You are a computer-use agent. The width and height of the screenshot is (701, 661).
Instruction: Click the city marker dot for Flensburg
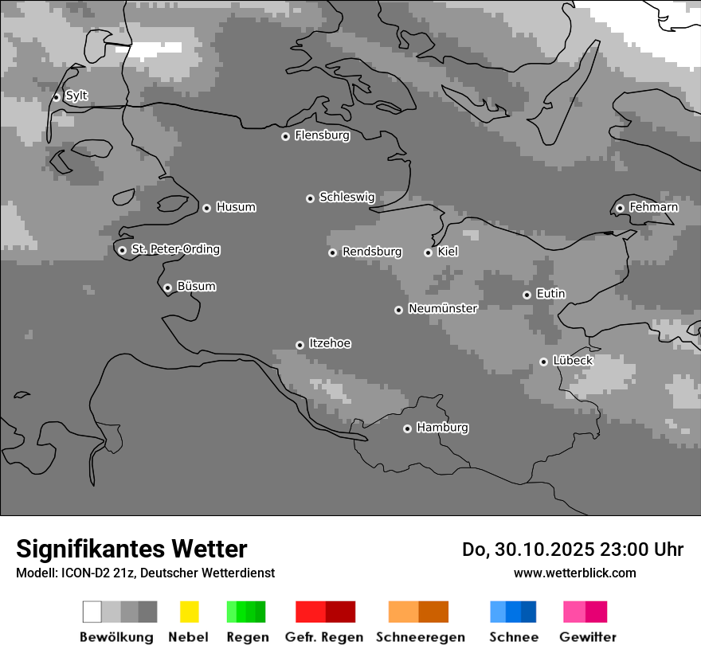[x=285, y=136]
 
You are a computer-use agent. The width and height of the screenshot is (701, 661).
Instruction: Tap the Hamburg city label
[x=442, y=428]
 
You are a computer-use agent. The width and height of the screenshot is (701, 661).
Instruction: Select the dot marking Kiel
[x=428, y=252]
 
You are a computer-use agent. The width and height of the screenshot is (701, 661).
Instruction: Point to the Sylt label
[x=76, y=96]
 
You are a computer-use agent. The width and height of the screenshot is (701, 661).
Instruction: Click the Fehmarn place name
[x=653, y=207]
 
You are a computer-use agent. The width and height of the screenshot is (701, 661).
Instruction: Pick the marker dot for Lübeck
[x=543, y=362]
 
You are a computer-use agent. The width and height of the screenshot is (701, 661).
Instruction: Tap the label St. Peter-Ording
[x=175, y=249]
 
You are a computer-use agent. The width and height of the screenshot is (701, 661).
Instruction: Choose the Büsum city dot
[x=167, y=287]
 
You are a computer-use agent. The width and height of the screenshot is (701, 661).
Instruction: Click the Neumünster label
[x=443, y=308]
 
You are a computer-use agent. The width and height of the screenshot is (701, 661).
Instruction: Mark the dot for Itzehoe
[x=300, y=345]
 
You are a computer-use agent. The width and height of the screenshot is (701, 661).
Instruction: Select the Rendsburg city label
[x=372, y=252]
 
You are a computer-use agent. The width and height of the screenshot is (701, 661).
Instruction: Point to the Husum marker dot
[x=206, y=208]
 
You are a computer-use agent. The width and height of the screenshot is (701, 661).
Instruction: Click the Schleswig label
[x=347, y=197]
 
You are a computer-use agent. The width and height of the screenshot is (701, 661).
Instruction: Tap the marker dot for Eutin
[x=527, y=295]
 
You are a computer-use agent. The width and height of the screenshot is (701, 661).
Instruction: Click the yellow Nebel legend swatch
[x=189, y=612]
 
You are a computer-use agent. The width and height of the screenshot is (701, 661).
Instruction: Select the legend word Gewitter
[x=588, y=637]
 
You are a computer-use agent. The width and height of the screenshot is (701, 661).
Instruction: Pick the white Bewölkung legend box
[x=92, y=612]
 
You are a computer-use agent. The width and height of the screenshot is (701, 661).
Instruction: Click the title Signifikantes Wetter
[x=131, y=549]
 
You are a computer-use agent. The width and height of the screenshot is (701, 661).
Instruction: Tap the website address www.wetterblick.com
[x=574, y=573]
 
